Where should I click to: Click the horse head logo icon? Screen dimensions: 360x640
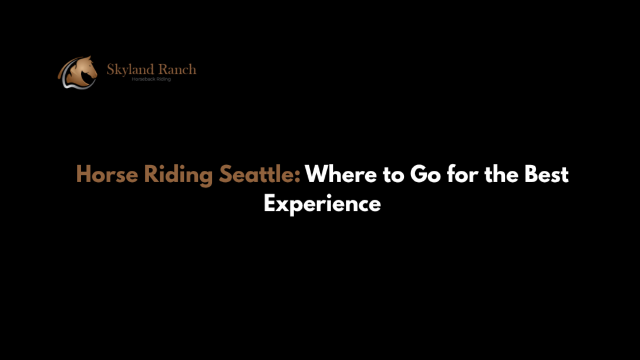tap(78, 72)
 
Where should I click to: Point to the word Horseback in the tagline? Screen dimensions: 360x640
tap(142, 79)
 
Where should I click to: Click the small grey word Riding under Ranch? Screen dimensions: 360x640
tap(161, 79)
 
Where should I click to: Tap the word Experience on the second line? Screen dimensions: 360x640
tap(322, 204)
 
